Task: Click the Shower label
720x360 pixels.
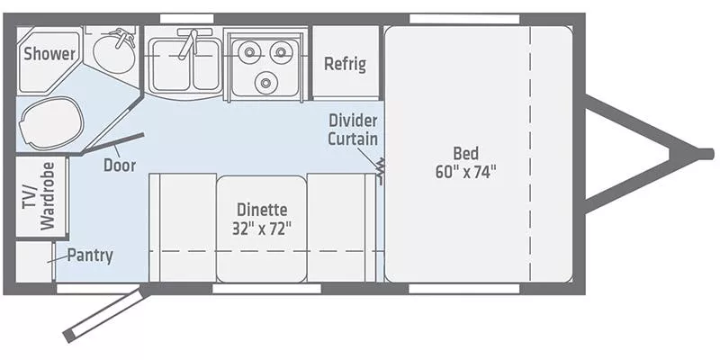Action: pos(49,54)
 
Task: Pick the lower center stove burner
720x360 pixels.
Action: pos(264,83)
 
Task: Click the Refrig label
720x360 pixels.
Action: pos(344,63)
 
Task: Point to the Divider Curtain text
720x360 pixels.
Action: pos(352,130)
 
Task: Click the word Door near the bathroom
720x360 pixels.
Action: pos(119,165)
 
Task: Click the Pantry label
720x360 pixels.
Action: pos(90,256)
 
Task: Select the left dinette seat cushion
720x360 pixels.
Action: pos(181,227)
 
